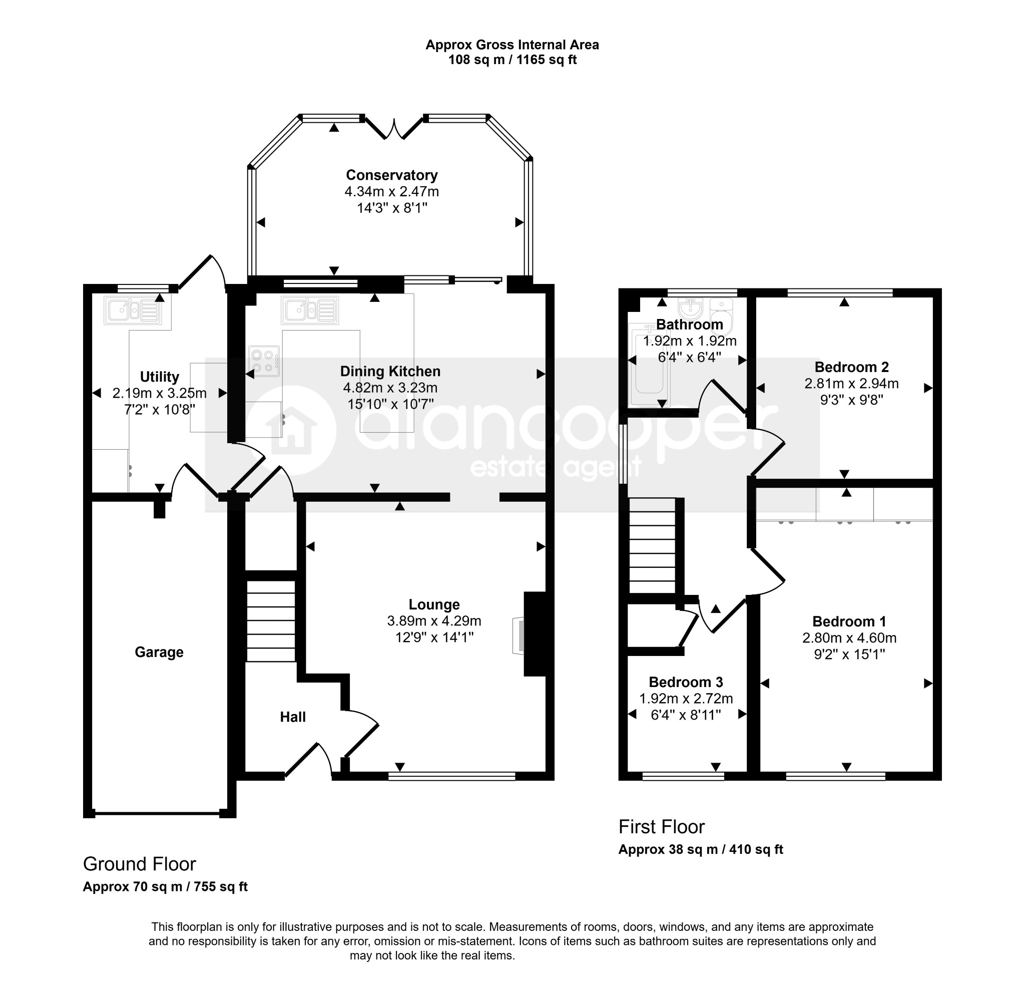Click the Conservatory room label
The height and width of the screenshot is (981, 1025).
coord(391,175)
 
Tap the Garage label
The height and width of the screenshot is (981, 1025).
coord(159,652)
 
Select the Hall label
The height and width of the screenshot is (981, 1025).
coord(293,717)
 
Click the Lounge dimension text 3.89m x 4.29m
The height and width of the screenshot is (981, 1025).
coord(434,621)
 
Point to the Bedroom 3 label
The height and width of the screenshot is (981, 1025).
coord(686,682)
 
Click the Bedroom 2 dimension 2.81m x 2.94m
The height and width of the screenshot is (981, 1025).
coord(851,383)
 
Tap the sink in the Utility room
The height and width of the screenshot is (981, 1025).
coord(132,310)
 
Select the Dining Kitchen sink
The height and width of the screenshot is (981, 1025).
coord(310,310)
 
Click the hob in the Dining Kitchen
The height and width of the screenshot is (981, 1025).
coord(264,362)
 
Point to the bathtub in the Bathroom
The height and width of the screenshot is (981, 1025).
coord(648,365)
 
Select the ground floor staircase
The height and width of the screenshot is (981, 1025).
coord(271,621)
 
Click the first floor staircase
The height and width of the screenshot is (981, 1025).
coord(652,545)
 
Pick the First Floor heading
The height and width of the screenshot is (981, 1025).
coord(661,827)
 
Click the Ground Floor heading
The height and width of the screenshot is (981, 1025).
coord(140,864)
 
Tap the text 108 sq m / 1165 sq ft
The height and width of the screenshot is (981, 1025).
coord(512,60)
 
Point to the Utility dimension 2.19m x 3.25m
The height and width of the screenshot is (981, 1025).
coord(160,393)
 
